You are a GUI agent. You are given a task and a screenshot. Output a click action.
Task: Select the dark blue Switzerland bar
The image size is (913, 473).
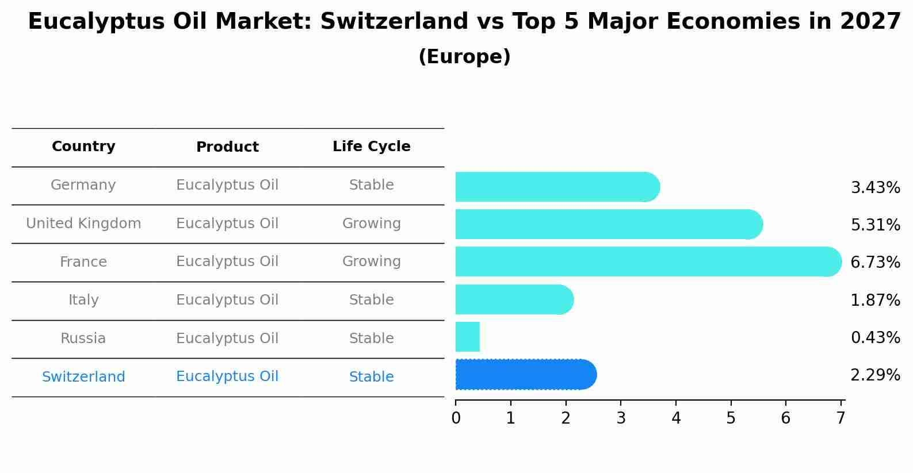click(525, 375)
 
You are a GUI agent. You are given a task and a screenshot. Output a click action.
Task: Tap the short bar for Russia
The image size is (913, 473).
click(468, 337)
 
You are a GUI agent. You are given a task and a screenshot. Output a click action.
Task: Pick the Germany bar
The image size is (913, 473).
click(557, 187)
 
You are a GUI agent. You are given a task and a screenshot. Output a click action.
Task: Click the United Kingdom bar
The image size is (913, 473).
click(609, 224)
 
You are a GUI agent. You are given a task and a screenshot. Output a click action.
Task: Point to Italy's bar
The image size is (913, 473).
click(514, 299)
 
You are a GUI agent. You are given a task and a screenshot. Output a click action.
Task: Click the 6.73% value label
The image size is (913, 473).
click(874, 263)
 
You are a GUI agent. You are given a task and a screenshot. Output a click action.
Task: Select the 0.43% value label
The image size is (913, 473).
click(874, 338)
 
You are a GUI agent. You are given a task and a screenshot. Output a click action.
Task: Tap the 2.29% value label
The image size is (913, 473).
click(874, 375)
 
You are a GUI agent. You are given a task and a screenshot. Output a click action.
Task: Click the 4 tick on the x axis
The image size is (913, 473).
click(676, 418)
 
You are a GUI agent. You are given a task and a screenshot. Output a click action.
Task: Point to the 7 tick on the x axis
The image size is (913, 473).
click(841, 418)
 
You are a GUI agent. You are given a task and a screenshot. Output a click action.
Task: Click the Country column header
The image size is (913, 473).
click(83, 147)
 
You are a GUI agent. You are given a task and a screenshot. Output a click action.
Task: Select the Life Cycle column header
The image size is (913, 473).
click(371, 147)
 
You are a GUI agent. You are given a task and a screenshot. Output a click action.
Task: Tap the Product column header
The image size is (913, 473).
click(227, 147)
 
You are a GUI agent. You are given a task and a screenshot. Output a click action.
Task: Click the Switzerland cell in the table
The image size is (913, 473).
click(83, 377)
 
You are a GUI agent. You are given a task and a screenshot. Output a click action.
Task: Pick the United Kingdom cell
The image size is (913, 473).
click(83, 224)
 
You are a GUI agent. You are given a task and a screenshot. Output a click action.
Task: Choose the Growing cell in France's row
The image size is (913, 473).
click(371, 262)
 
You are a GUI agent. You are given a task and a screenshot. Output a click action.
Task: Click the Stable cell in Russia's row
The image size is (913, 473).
click(371, 339)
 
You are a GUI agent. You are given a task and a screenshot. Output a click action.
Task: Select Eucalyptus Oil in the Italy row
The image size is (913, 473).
click(227, 300)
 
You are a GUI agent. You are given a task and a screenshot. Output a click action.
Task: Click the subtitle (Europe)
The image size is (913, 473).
click(464, 57)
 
